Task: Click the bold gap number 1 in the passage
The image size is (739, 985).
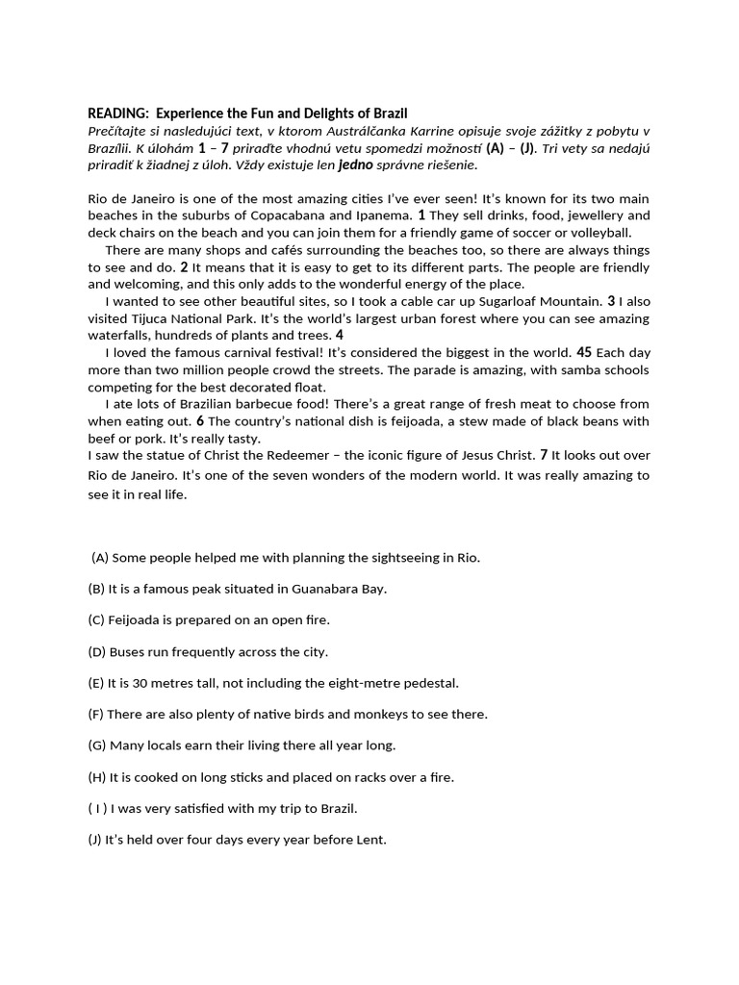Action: pos(421,215)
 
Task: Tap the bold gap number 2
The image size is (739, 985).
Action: pos(184,267)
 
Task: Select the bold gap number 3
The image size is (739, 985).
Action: pos(611,301)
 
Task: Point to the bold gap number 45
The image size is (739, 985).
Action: pos(584,352)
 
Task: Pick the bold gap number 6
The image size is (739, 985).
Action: pos(200,421)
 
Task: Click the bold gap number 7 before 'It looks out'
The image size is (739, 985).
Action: pos(544,455)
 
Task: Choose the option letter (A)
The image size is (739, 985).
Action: pos(100,558)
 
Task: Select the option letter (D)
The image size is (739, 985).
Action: pos(97,652)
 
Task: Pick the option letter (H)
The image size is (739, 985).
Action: pos(97,777)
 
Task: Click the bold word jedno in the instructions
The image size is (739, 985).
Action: pos(354,164)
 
